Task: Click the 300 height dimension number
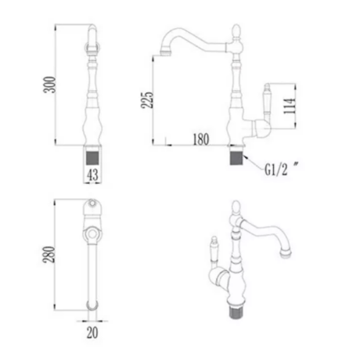point(49,85)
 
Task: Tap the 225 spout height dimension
point(147,99)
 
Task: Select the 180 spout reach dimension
point(201,139)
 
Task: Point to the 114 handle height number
point(290,106)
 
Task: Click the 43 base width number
point(92,175)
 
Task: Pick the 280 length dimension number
point(49,254)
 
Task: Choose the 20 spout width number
point(92,333)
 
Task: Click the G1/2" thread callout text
point(281,169)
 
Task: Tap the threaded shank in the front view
point(92,158)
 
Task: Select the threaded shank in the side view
point(236,158)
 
